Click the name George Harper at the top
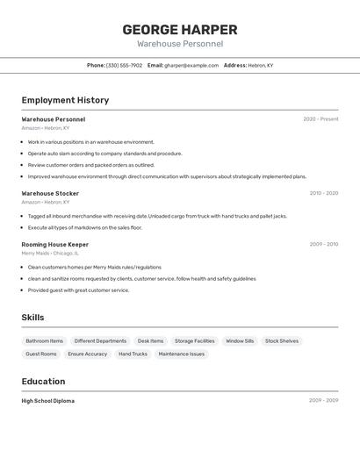click(x=180, y=29)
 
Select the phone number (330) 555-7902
click(x=124, y=66)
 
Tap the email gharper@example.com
click(x=191, y=66)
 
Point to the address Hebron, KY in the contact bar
click(x=260, y=66)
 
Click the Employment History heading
click(x=65, y=100)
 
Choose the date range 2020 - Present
click(x=320, y=119)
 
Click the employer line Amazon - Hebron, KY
click(x=46, y=128)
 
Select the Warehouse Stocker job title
click(x=50, y=193)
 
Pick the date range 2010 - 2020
click(x=323, y=193)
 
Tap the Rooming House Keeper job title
click(x=55, y=245)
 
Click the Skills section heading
click(x=33, y=318)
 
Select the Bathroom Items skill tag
click(x=45, y=341)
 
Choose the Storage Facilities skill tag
click(x=194, y=341)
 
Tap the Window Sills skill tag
click(x=240, y=341)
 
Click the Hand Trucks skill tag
click(x=133, y=354)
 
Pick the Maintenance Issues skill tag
click(x=182, y=354)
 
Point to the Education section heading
click(x=43, y=382)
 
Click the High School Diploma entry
click(x=48, y=401)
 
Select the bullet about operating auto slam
click(x=104, y=154)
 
